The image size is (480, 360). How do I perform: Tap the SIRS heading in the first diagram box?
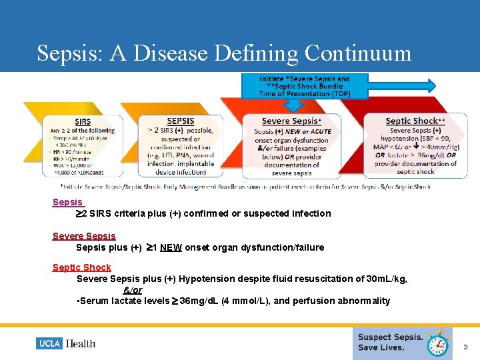83,121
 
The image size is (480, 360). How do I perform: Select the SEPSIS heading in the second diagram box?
180,121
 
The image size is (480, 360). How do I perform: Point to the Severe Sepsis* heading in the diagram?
291,121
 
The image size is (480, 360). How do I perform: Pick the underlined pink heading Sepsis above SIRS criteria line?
67,202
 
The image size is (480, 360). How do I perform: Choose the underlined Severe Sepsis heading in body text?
84,236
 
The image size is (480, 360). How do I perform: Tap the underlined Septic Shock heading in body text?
81,267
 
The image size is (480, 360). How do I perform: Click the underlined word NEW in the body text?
171,247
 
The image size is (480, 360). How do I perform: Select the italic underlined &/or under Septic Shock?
132,290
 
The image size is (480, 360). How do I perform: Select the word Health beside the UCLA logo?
80,343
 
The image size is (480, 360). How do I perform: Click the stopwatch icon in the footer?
437,343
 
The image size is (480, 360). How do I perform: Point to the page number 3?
465,347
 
